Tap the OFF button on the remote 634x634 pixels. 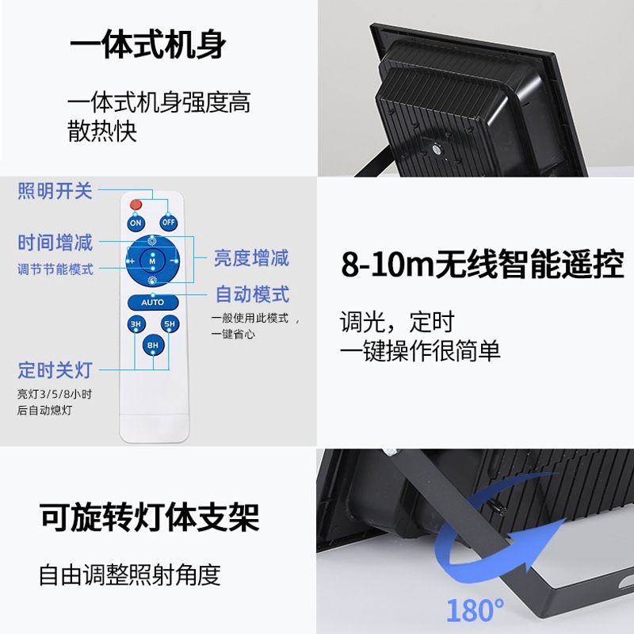pos(168,223)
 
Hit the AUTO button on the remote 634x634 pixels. pos(152,302)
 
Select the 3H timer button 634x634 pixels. pos(136,324)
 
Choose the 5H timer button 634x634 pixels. pos(169,324)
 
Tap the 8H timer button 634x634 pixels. pos(152,346)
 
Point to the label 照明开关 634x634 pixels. pos(55,190)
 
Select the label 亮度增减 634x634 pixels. pos(251,258)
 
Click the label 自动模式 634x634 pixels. pos(253,295)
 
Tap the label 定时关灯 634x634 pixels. pos(55,369)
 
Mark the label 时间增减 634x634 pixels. pos(55,243)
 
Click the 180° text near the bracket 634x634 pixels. pos(475,610)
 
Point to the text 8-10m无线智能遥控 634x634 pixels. pos(482,264)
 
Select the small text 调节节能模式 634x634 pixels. pos(55,269)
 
